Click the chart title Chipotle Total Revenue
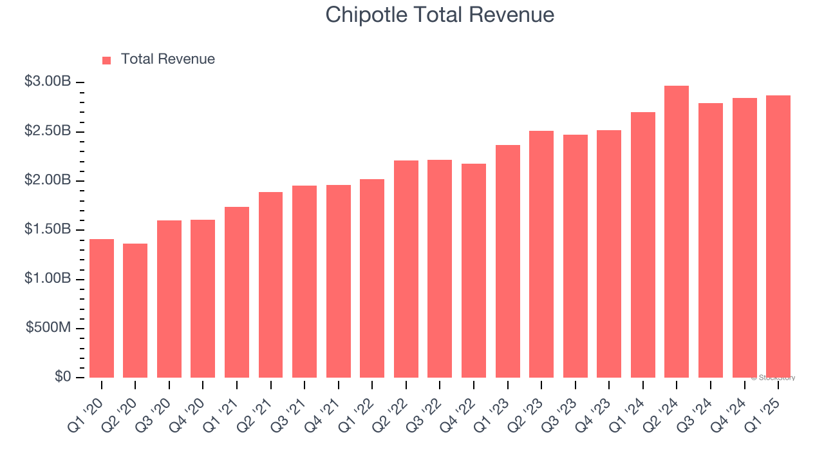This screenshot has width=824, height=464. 440,14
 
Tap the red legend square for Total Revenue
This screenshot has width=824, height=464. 107,60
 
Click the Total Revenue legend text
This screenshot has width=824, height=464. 167,59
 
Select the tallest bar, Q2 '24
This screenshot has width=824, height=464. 677,232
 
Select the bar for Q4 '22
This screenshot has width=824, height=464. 474,271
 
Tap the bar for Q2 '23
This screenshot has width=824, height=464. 541,254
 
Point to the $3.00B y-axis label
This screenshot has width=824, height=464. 48,82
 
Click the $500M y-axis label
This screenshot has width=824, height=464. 48,327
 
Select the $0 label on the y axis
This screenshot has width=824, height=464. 62,376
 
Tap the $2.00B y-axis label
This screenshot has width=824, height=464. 48,180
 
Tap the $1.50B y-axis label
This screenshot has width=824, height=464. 48,229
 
